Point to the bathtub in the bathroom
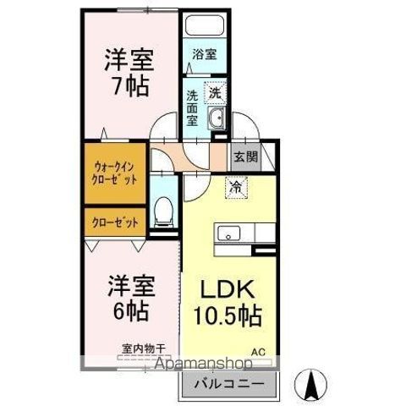[203, 28]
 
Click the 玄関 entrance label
[245, 157]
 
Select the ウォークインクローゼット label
[114, 173]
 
